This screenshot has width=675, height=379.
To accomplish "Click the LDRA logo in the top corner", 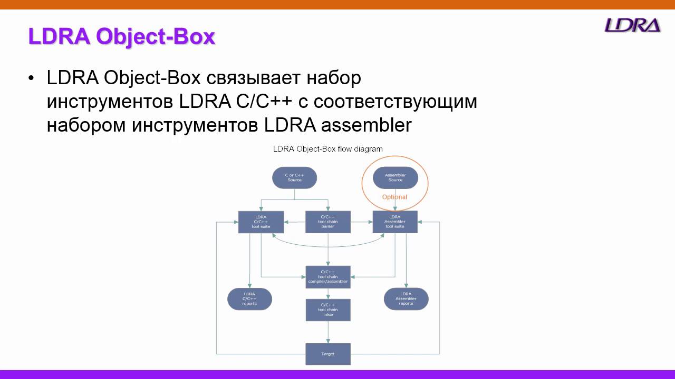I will click(632, 25).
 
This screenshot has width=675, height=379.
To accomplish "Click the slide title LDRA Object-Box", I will click(122, 37).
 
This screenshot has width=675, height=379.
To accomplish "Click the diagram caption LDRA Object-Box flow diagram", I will click(327, 149).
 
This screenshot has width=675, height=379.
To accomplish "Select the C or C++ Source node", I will click(294, 177).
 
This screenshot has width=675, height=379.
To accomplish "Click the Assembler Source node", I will click(395, 177).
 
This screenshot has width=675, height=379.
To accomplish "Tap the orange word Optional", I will click(394, 197).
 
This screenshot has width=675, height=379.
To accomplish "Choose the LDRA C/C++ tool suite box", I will click(261, 222).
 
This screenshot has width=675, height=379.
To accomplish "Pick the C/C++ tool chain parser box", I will click(328, 222).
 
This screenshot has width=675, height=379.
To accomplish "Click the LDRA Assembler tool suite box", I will click(395, 222).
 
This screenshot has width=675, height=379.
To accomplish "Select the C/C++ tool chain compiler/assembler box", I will click(328, 277).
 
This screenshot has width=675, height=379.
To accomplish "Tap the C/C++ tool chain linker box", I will click(328, 310).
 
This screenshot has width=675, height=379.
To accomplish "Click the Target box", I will click(328, 354).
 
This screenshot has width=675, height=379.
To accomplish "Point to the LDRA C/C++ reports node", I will click(249, 299).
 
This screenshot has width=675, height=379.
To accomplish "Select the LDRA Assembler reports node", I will click(406, 299).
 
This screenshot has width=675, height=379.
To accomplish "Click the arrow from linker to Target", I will click(328, 332).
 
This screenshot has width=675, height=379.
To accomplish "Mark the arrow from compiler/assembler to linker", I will click(328, 294).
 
